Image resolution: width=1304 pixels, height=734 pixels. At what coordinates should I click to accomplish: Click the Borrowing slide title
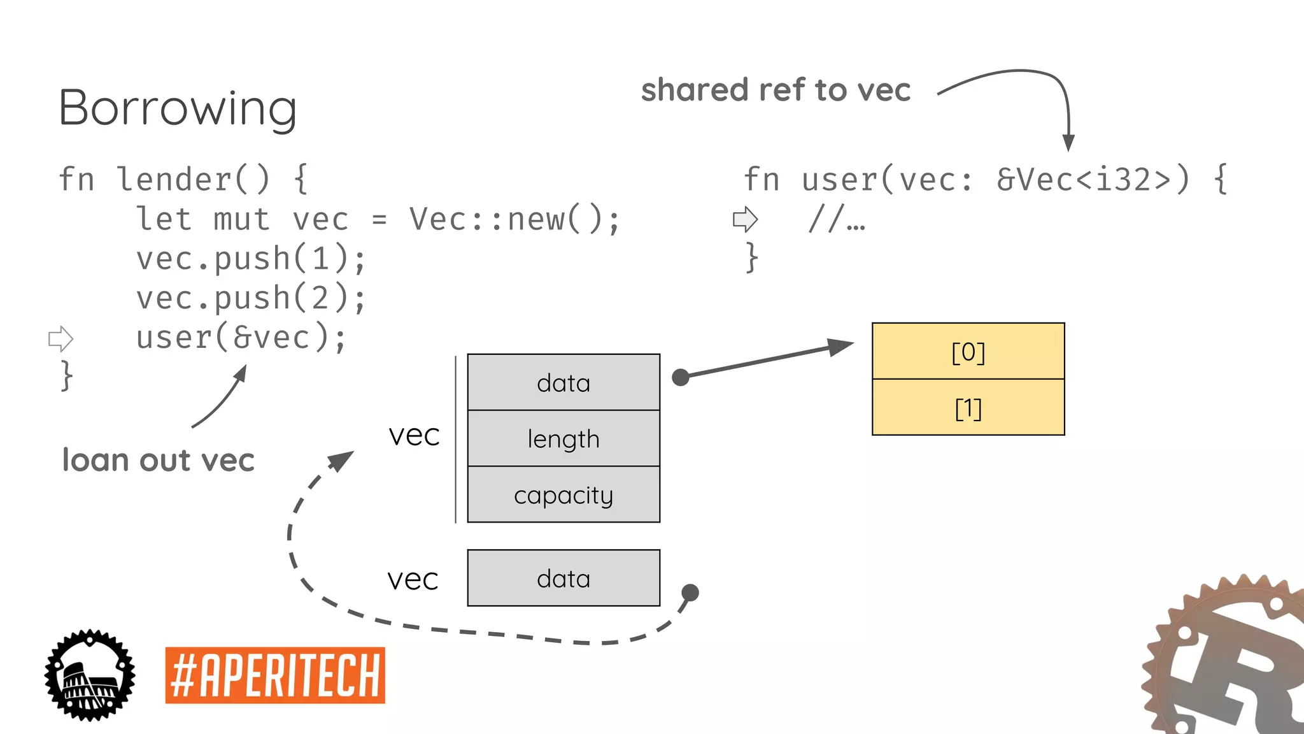pyautogui.click(x=178, y=108)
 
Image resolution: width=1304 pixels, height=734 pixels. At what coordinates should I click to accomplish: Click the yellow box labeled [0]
pyautogui.click(x=968, y=351)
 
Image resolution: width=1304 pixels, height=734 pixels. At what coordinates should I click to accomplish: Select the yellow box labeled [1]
pyautogui.click(x=968, y=408)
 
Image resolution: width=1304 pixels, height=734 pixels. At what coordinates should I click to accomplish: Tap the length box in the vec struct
pyautogui.click(x=563, y=438)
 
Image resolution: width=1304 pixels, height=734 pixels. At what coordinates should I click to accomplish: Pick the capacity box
pyautogui.click(x=563, y=494)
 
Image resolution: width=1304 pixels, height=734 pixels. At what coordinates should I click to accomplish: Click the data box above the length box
pyautogui.click(x=563, y=382)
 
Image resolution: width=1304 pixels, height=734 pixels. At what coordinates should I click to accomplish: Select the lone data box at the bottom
pyautogui.click(x=563, y=578)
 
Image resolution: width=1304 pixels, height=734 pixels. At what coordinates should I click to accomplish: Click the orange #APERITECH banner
pyautogui.click(x=275, y=675)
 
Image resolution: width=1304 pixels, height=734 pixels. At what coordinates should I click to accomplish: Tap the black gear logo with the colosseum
pyautogui.click(x=90, y=675)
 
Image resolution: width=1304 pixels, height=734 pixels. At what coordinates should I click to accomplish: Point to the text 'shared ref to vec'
pyautogui.click(x=776, y=90)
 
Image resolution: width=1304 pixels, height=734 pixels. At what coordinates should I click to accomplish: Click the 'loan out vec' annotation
pyautogui.click(x=158, y=460)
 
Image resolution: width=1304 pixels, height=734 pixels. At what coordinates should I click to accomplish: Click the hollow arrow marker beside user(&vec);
pyautogui.click(x=61, y=338)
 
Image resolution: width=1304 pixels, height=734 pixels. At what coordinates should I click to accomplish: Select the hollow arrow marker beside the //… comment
pyautogui.click(x=745, y=219)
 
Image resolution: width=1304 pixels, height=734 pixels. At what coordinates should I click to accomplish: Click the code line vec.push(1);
pyautogui.click(x=251, y=259)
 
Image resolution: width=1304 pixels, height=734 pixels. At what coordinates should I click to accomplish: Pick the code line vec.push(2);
pyautogui.click(x=251, y=298)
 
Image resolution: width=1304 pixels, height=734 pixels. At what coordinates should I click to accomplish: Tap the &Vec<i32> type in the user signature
pyautogui.click(x=1093, y=180)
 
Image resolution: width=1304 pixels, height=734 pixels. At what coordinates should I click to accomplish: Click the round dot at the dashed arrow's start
pyautogui.click(x=690, y=593)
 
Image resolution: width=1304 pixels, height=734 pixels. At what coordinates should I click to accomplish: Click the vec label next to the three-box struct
pyautogui.click(x=414, y=435)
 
